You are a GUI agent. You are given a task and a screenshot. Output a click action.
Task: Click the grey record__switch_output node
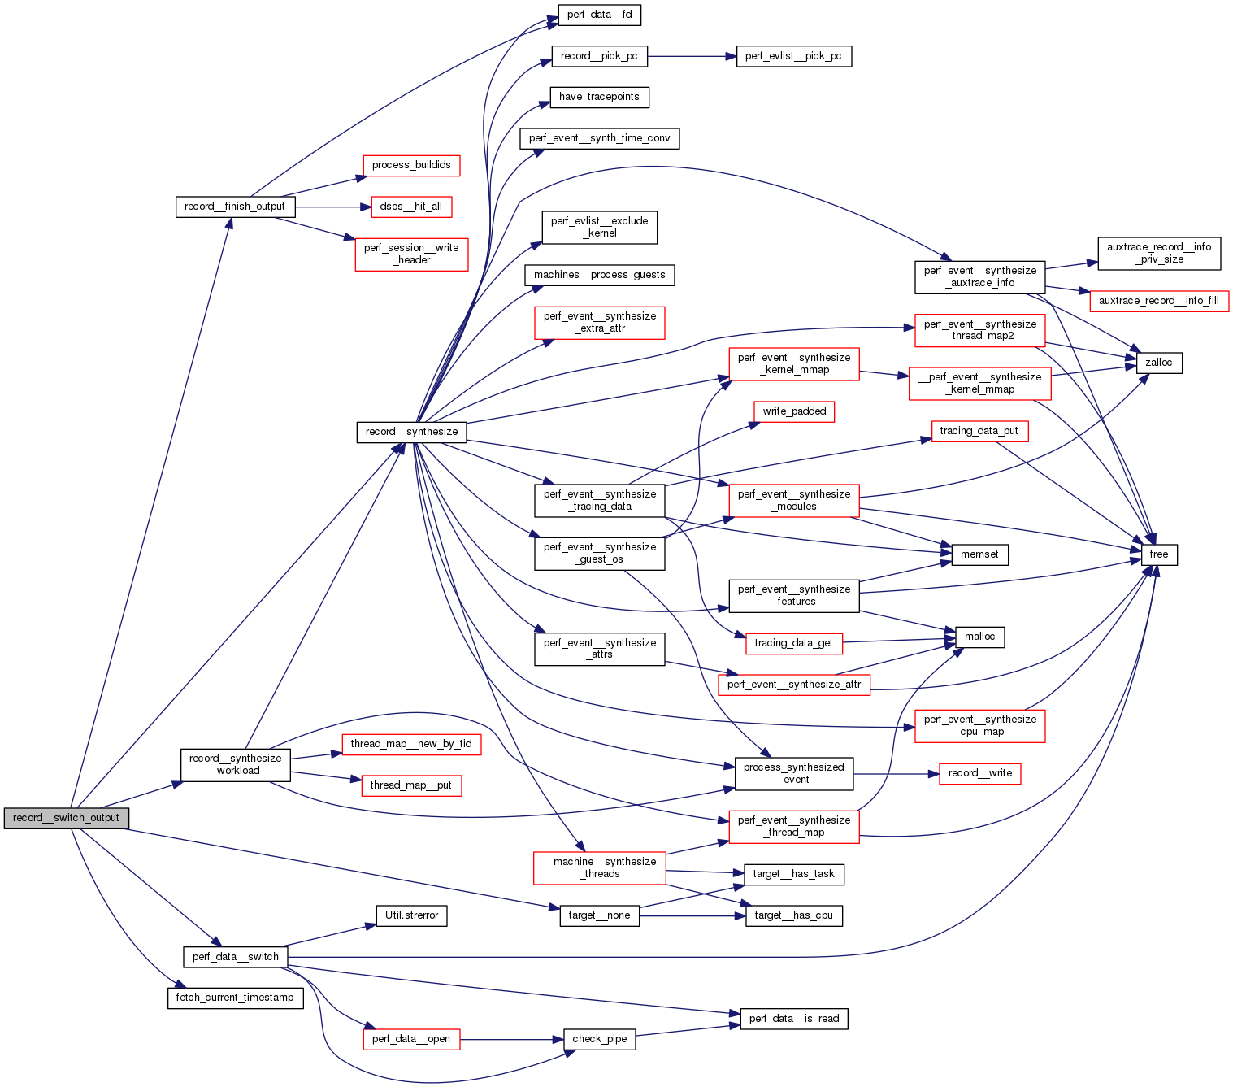coord(66,818)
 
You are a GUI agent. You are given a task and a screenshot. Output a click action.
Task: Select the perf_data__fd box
coord(599,15)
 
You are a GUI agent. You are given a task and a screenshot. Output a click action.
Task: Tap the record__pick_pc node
coord(599,56)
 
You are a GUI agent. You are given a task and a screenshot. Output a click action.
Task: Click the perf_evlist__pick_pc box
coord(793,56)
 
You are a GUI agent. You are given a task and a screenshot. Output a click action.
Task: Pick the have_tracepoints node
coord(599,97)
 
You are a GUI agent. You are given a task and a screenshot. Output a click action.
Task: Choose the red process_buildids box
coord(411,165)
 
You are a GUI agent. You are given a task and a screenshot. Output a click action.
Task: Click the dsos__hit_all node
coord(411,207)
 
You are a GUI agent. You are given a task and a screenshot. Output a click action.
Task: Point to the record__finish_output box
coord(235,207)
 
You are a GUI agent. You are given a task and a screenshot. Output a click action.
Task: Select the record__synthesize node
coord(411,432)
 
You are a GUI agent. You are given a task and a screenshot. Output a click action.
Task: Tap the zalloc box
coord(1158,363)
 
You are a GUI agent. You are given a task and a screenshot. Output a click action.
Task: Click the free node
coord(1158,554)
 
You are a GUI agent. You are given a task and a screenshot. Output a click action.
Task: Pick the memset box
coord(979,554)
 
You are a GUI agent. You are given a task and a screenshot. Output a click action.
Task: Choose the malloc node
coord(979,637)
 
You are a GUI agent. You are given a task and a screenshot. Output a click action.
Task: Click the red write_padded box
coord(793,411)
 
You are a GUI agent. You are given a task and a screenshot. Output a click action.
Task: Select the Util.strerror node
coord(411,915)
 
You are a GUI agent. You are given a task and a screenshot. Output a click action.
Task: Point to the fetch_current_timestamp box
coord(235,998)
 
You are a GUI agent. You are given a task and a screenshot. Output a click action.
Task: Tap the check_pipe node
coord(599,1039)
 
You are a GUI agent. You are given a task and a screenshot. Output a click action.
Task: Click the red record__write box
coord(979,773)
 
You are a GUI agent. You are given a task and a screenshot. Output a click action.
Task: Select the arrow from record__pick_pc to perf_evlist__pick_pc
coord(691,56)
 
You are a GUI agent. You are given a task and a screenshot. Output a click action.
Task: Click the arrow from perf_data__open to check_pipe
coord(512,1039)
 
